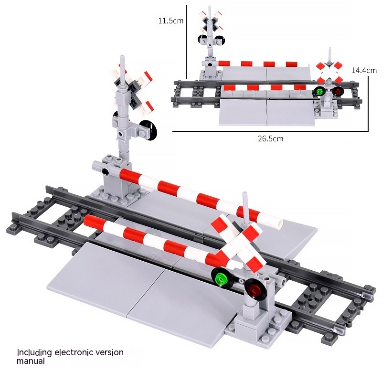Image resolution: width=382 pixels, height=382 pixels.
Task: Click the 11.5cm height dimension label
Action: point(171,21)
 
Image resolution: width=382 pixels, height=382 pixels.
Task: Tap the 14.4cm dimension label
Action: point(364,70)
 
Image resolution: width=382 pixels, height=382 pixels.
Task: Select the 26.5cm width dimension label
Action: point(270,138)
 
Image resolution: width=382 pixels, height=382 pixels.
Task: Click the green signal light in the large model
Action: point(222,278)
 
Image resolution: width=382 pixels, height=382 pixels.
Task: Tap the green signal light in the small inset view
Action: point(319,92)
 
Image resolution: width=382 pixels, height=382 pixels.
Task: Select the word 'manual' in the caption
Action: point(31,361)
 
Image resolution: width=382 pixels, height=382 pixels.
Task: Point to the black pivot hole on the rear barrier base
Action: point(105,171)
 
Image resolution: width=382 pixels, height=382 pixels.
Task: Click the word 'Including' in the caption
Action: point(34,353)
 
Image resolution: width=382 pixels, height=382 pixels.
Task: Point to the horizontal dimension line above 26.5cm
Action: point(270,131)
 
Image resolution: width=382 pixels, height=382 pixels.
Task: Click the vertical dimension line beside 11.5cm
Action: point(186,42)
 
